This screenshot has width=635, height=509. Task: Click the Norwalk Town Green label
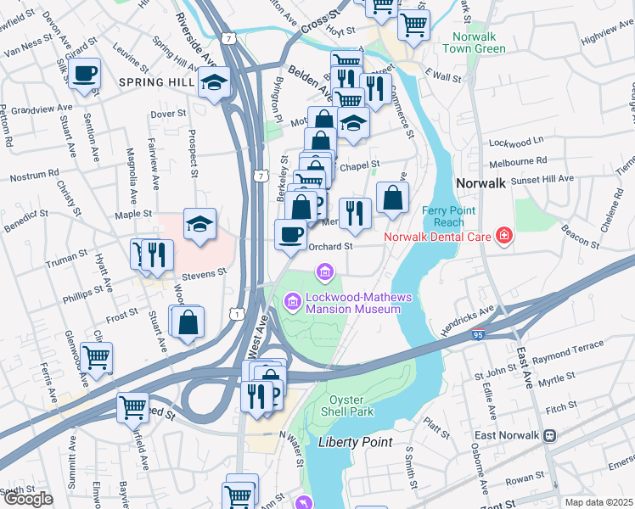tap(468, 43)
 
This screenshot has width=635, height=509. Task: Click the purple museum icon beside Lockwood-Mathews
tap(292, 300)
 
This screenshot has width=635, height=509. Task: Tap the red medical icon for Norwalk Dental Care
tap(503, 235)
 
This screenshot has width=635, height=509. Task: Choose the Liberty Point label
tap(355, 442)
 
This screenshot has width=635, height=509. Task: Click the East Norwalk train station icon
tap(549, 436)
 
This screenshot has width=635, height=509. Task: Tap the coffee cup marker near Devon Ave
tap(84, 73)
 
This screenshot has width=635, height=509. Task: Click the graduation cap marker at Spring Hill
tap(213, 83)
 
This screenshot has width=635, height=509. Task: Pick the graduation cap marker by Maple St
tap(199, 225)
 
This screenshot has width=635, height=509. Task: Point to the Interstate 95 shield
tap(480, 336)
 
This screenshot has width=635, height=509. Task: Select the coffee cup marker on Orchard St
tap(291, 234)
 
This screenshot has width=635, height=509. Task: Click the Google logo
tap(28, 499)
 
